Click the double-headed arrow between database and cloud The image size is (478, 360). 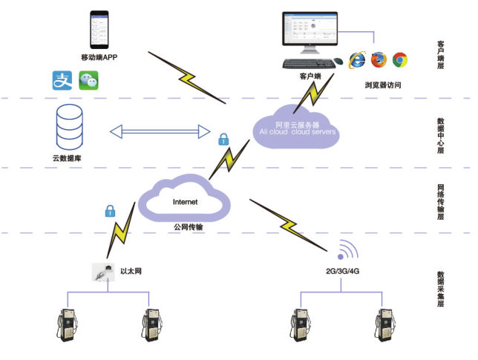coord(160,131)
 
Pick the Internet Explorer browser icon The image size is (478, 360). coord(358,59)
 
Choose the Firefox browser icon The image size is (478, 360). coord(379,59)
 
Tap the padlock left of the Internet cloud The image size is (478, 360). coord(110,210)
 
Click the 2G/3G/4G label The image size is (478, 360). coord(342,271)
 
